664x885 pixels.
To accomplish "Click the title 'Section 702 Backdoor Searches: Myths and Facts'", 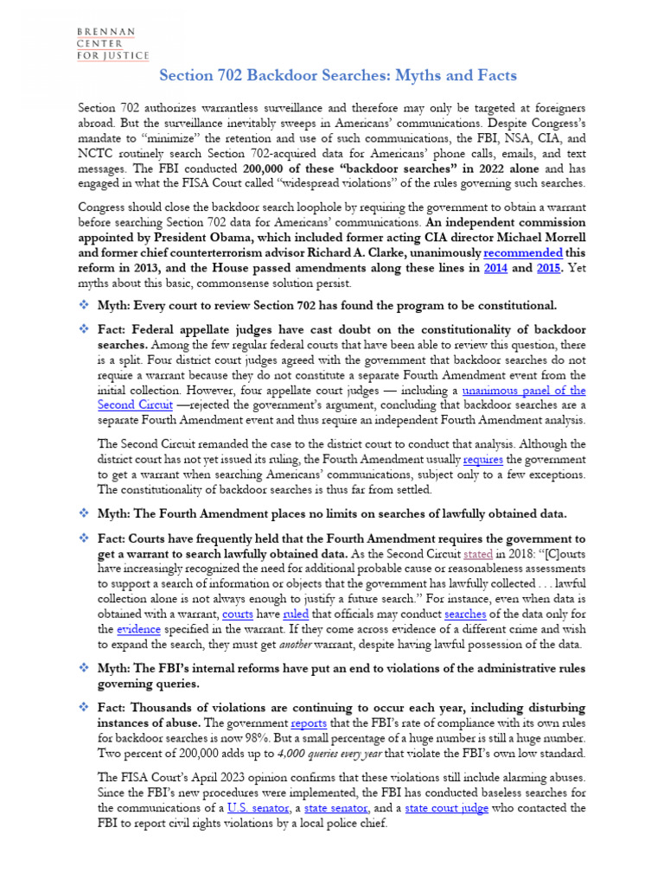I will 338,76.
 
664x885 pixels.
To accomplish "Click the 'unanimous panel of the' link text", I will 524,390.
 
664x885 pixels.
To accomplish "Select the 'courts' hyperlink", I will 237,614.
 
